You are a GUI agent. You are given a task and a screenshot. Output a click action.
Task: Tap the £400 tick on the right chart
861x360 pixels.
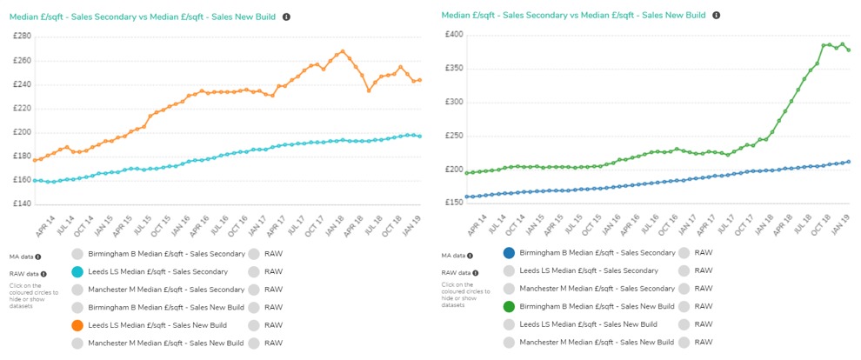tap(453, 35)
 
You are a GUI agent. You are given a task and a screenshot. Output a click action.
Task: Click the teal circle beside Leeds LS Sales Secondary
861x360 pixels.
tap(77, 272)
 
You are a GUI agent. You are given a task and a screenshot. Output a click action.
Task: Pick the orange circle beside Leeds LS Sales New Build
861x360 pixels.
tap(77, 325)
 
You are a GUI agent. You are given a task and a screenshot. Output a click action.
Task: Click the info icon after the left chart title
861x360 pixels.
tap(286, 17)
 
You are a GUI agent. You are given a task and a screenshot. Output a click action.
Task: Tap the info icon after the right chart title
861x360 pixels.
tap(717, 15)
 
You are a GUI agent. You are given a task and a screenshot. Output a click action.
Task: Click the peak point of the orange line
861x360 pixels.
tap(343, 51)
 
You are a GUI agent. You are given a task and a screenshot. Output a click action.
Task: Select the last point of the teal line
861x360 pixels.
tap(420, 137)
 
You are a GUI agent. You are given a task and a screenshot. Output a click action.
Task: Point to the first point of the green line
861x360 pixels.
tap(467, 173)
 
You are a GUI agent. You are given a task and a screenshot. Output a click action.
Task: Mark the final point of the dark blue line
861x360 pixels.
tap(849, 162)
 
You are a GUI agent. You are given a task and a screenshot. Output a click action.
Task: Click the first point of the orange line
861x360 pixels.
tap(35, 160)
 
